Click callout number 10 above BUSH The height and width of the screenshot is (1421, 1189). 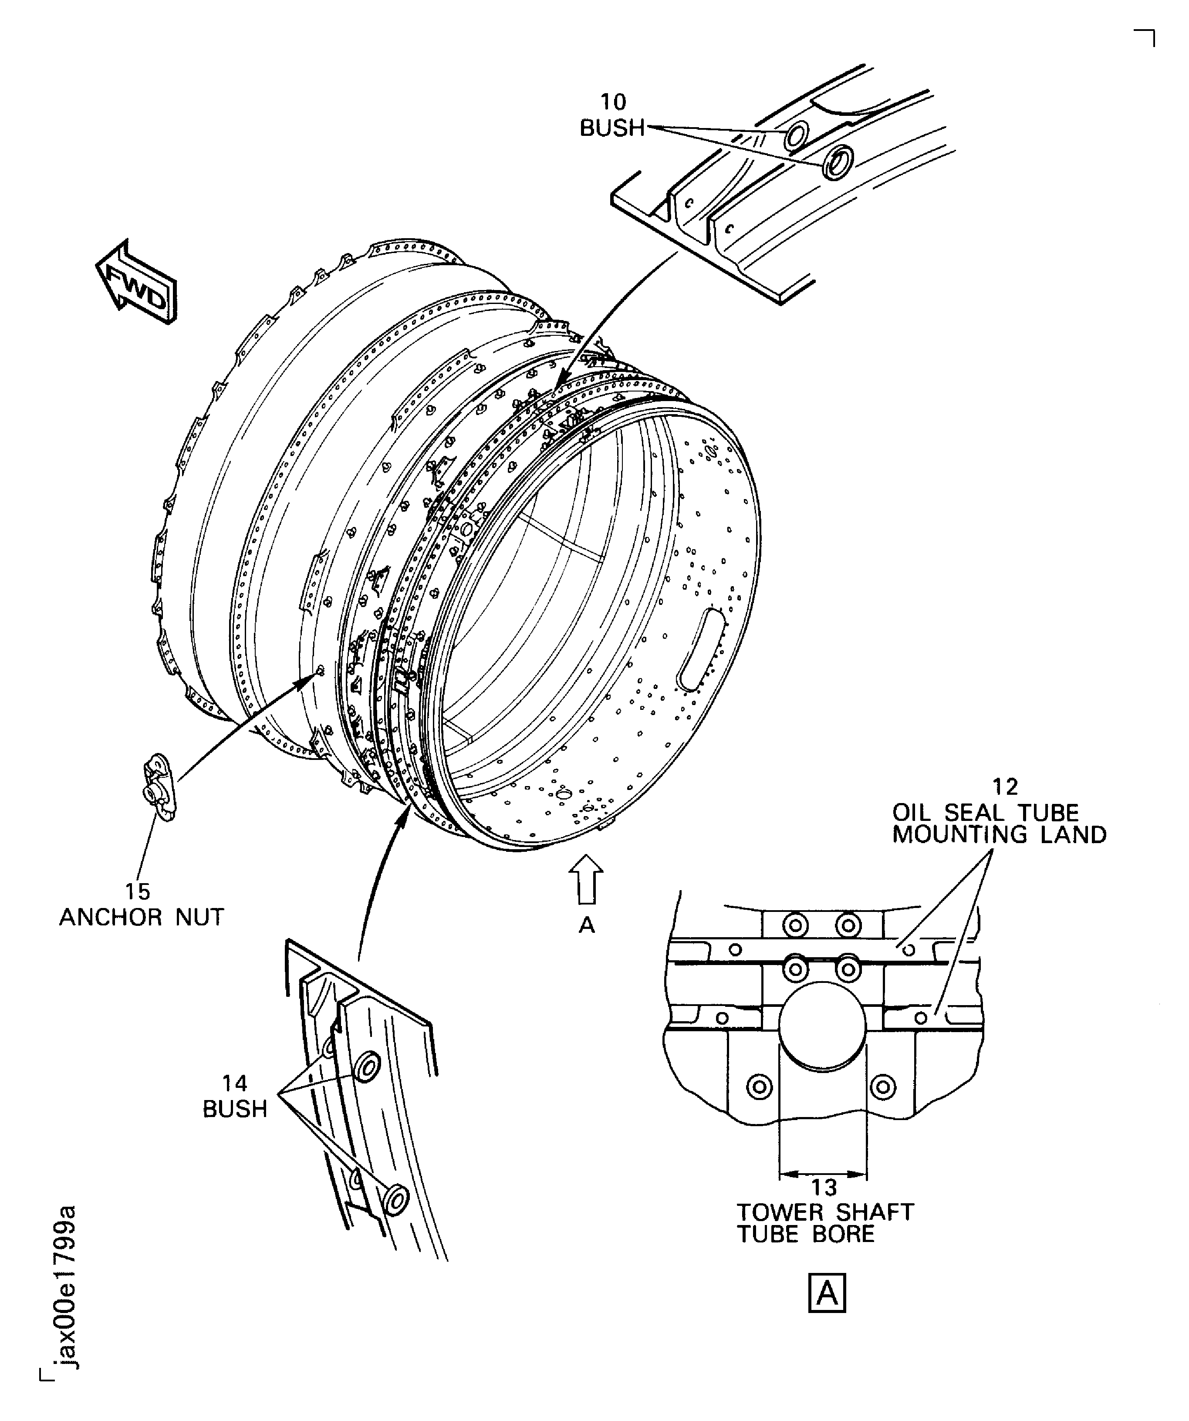click(x=613, y=102)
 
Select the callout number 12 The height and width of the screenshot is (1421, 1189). click(x=1005, y=787)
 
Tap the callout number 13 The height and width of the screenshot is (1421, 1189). click(x=824, y=1187)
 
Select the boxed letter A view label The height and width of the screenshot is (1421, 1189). click(x=827, y=1294)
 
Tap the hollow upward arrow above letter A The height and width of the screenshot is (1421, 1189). click(x=587, y=879)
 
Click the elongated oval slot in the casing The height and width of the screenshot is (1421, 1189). click(x=702, y=650)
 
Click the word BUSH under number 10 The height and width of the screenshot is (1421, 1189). click(x=612, y=128)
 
